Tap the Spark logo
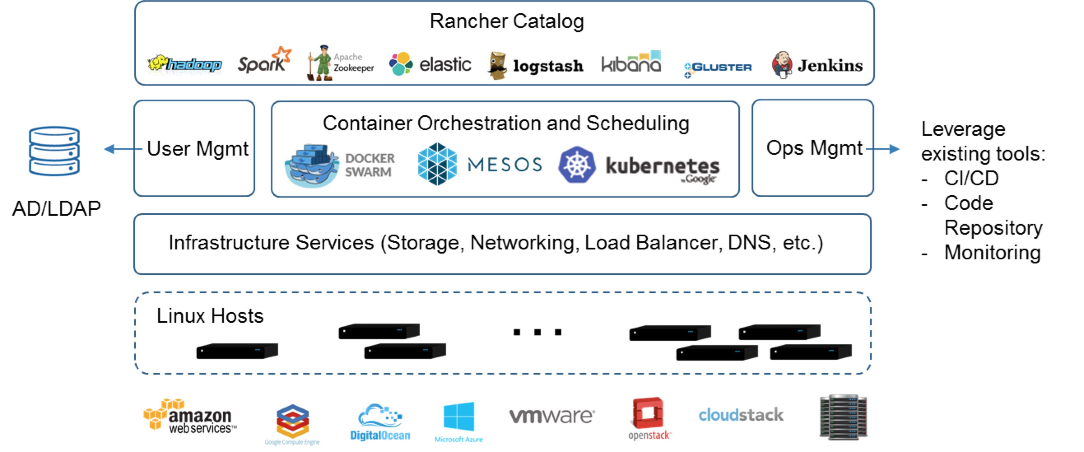click(x=264, y=61)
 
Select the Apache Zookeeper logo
click(x=340, y=63)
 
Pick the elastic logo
click(x=430, y=64)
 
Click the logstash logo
click(x=535, y=65)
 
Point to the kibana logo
click(x=631, y=63)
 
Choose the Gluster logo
click(x=718, y=68)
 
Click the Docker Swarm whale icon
click(x=312, y=165)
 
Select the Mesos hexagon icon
click(x=437, y=164)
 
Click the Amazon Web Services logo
click(x=189, y=417)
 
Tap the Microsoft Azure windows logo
click(x=459, y=417)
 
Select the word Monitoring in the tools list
click(x=992, y=252)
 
